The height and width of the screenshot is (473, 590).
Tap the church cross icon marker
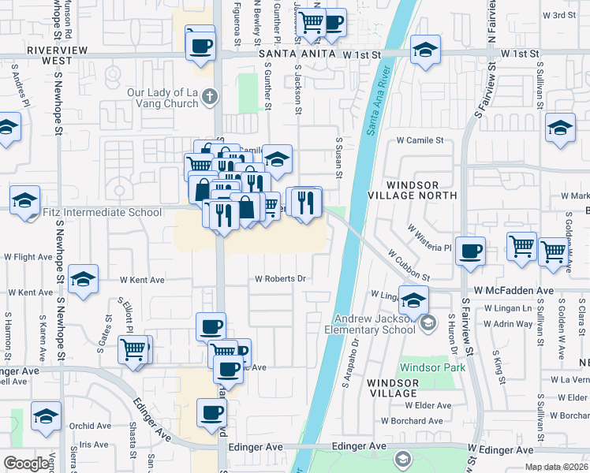(209, 96)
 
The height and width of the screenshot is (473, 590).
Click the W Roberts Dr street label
(279, 278)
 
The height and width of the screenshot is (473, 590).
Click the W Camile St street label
(420, 140)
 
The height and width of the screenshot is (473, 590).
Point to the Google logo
(26, 463)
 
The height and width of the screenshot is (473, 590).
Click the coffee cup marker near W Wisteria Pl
(471, 251)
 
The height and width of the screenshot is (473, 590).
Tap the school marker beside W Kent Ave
(83, 279)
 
